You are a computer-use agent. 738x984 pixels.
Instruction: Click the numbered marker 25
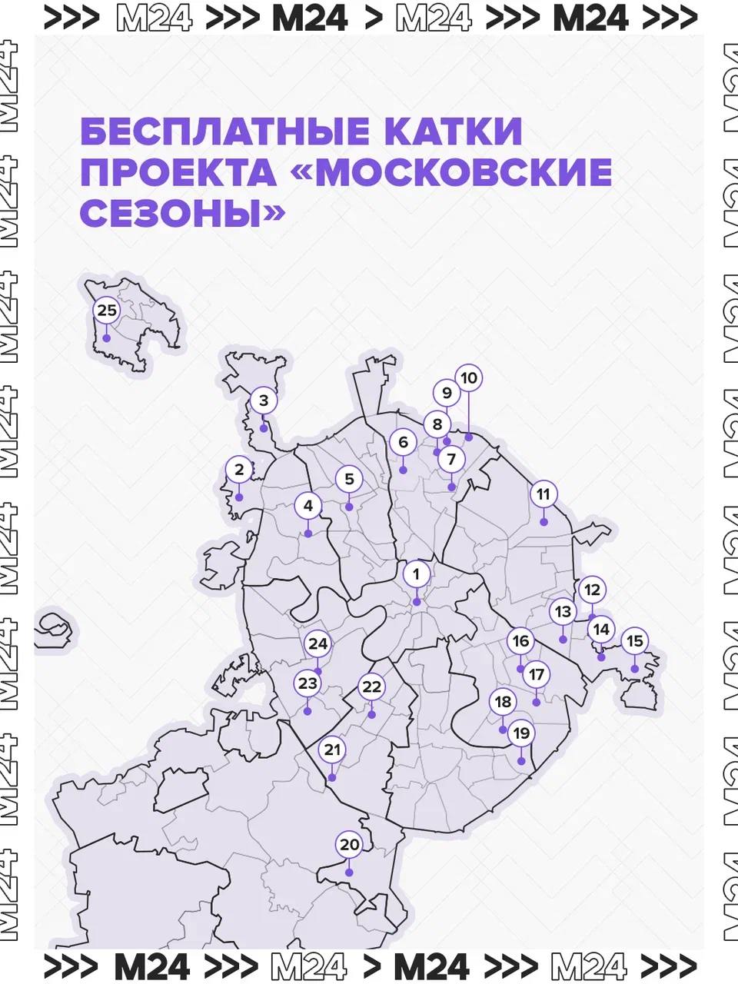tap(107, 311)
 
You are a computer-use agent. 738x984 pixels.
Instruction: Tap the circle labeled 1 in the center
tap(417, 573)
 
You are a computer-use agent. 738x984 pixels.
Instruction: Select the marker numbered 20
tap(350, 845)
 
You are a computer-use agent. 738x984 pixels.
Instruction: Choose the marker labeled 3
tap(264, 401)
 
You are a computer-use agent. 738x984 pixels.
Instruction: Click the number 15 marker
tap(634, 641)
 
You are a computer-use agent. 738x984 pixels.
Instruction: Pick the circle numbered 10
tap(469, 378)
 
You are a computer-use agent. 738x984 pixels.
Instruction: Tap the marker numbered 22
tap(372, 686)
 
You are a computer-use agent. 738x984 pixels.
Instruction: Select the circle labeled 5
tap(349, 480)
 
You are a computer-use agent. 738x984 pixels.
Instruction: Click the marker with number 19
tap(521, 733)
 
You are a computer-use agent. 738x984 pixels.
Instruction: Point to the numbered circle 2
tap(239, 469)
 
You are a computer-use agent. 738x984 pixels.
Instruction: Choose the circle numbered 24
tap(318, 644)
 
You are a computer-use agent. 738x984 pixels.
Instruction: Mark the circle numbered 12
tap(591, 590)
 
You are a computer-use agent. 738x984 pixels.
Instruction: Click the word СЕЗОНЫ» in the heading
tap(181, 214)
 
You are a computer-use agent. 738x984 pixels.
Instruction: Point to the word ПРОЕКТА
tap(178, 174)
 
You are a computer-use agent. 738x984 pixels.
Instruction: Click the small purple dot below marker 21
tap(331, 778)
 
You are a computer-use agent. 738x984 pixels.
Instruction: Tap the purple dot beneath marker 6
tap(403, 470)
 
